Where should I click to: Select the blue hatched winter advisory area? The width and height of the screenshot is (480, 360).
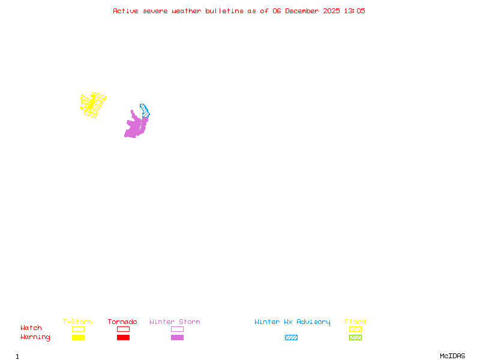pyautogui.click(x=145, y=110)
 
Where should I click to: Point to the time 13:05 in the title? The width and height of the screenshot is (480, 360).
pyautogui.click(x=355, y=11)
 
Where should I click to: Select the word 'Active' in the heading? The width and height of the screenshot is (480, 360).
pyautogui.click(x=125, y=11)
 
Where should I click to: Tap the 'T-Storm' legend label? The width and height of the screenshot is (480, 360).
pyautogui.click(x=77, y=322)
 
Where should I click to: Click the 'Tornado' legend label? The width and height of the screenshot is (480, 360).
pyautogui.click(x=122, y=322)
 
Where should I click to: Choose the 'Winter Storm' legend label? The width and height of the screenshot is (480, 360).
pyautogui.click(x=175, y=322)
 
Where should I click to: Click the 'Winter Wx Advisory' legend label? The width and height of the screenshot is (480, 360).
pyautogui.click(x=292, y=322)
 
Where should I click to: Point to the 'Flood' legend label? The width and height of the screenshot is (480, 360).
pyautogui.click(x=355, y=322)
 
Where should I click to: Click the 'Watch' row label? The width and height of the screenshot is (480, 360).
pyautogui.click(x=31, y=328)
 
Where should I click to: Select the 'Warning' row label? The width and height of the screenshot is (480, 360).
pyautogui.click(x=35, y=337)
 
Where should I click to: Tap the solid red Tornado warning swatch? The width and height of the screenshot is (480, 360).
pyautogui.click(x=123, y=338)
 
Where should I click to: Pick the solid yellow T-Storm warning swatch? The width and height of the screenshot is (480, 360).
pyautogui.click(x=78, y=338)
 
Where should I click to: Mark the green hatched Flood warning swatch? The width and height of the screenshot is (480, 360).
pyautogui.click(x=355, y=338)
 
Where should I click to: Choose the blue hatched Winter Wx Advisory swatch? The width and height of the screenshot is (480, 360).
pyautogui.click(x=291, y=338)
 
